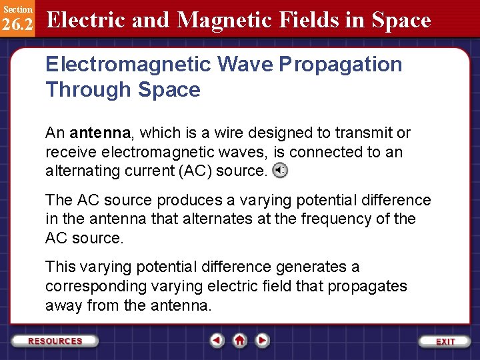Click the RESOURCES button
pos(55,341)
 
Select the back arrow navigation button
pos(217,341)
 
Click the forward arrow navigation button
pos(263,341)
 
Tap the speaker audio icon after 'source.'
pos(281,171)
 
